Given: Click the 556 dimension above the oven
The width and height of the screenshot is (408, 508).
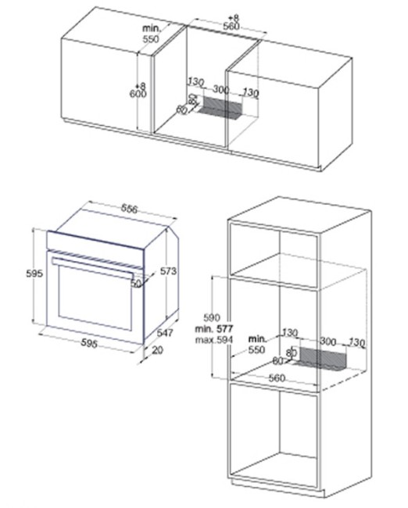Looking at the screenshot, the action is (x=129, y=209).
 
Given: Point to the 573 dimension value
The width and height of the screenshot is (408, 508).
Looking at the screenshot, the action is (x=168, y=271).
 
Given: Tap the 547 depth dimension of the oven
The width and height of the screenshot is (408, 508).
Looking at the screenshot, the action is (x=165, y=333).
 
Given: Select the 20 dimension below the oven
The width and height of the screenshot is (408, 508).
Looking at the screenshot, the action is (x=157, y=350).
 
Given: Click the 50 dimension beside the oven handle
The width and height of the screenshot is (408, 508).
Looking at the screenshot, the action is (x=136, y=284).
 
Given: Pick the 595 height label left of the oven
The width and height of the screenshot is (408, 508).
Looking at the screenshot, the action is (x=34, y=274).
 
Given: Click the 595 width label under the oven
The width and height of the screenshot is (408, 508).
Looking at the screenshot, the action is (x=89, y=343).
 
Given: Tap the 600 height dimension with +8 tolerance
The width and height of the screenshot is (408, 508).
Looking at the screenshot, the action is (x=138, y=91).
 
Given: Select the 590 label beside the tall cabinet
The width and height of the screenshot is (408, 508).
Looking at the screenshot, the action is (x=212, y=317).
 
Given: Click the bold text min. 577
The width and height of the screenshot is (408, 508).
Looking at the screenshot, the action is (x=214, y=329).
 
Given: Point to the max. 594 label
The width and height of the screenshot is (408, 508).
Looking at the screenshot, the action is (x=214, y=340).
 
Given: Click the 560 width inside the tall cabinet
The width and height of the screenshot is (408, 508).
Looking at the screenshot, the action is (x=277, y=377).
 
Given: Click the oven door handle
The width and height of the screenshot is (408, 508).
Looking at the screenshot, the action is (x=93, y=267).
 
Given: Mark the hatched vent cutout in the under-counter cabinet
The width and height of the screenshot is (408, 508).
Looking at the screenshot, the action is (x=220, y=107).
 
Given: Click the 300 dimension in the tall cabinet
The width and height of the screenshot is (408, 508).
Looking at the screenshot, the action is (x=328, y=342).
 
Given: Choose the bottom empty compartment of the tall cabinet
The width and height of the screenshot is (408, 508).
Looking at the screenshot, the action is (x=274, y=434).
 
